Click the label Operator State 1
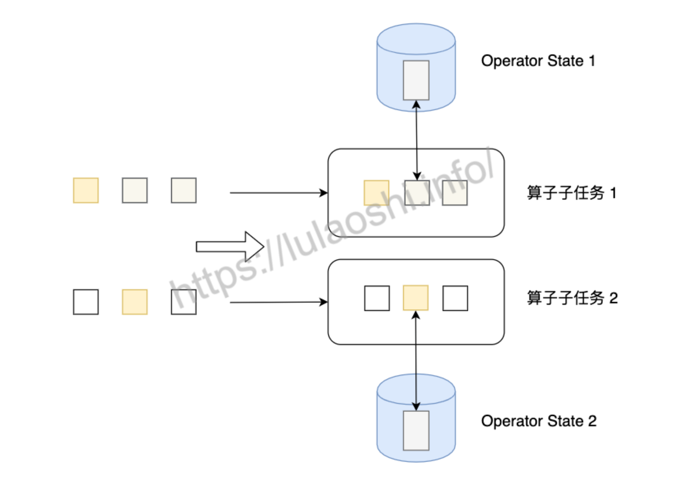538,61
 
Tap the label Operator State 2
539,421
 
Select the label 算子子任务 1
571,193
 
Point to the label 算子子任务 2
572,298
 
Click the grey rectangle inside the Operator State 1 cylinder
416,80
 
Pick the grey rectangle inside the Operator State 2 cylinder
416,430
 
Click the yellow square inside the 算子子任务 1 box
376,193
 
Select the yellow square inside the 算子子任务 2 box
415,298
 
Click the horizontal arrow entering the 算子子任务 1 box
278,193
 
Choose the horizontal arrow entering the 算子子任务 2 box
278,302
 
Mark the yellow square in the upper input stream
86,190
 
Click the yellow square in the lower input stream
135,302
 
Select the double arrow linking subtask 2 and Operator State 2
415,361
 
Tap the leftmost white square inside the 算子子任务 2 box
377,298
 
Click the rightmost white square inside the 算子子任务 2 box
455,298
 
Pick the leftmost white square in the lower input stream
86,302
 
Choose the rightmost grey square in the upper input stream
184,190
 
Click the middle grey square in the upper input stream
135,190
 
